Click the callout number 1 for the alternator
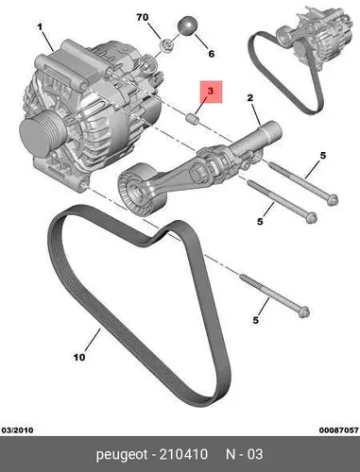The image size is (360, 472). [40, 27]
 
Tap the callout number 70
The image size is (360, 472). [143, 17]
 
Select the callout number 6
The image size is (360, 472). [212, 54]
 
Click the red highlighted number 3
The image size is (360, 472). [211, 92]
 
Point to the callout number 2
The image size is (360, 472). [250, 98]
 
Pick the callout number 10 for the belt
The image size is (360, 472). [79, 357]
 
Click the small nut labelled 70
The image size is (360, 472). [166, 45]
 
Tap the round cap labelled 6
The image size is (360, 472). [188, 25]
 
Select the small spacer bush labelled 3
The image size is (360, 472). [193, 120]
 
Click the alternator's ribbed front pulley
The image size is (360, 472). [42, 132]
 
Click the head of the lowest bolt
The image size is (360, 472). [304, 312]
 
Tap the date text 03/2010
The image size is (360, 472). [17, 430]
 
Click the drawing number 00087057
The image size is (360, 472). [339, 430]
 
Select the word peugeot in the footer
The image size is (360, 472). [122, 455]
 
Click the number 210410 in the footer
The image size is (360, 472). [183, 454]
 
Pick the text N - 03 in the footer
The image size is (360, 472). [245, 454]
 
